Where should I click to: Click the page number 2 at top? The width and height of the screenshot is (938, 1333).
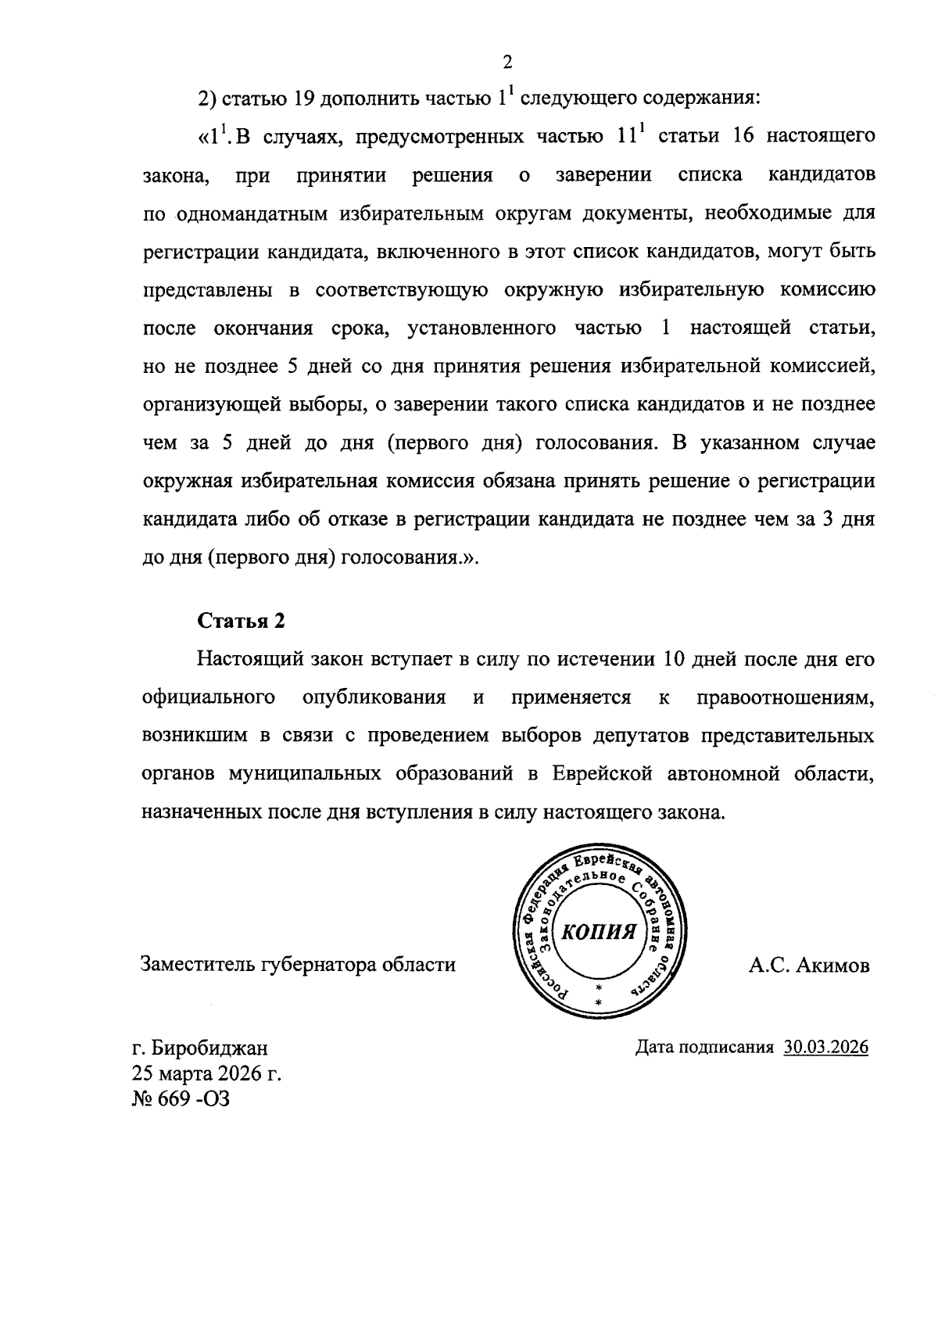(507, 63)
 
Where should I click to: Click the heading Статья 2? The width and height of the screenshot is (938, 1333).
(241, 621)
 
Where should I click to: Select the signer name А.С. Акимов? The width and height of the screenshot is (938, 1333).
(808, 966)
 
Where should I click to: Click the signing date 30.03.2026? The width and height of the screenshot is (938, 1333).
(825, 1047)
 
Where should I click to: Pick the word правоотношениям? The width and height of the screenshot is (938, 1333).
(785, 697)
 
